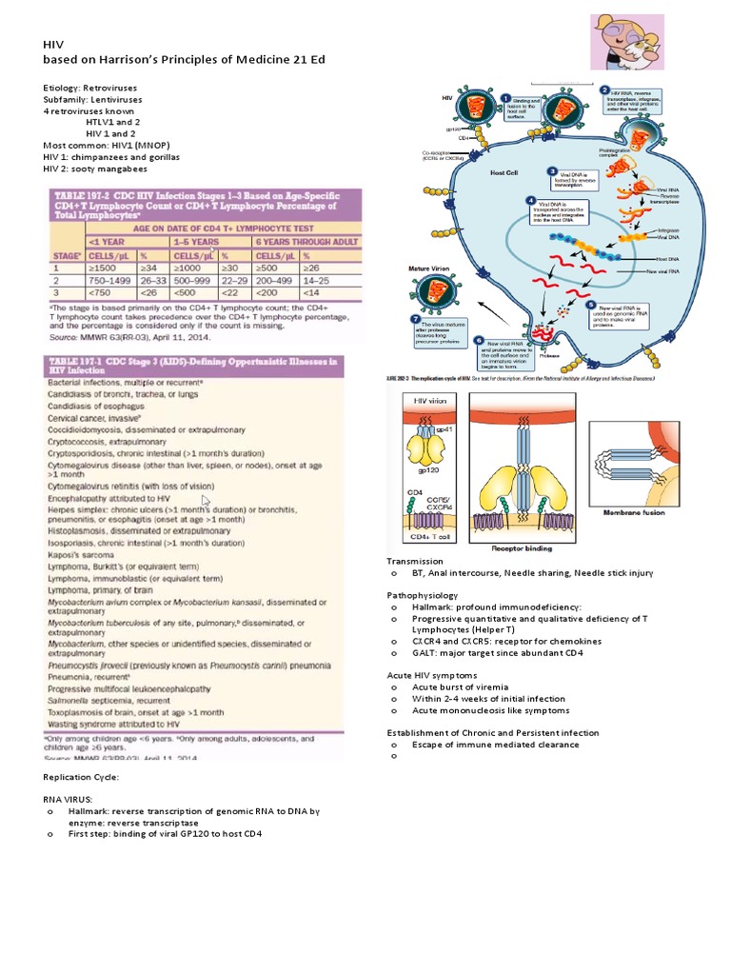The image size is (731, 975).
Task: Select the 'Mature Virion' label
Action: tap(427, 269)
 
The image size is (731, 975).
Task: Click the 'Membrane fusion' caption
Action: tap(635, 511)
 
